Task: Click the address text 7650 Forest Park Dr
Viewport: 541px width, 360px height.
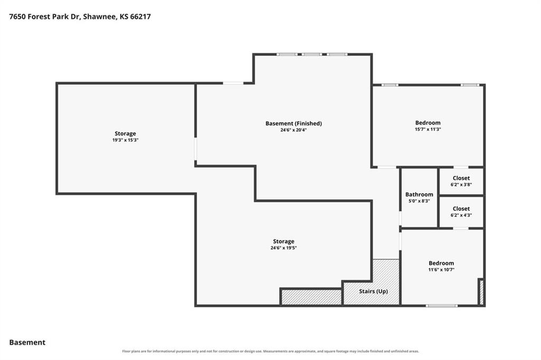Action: click(44, 16)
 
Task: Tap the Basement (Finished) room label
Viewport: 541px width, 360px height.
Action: click(294, 123)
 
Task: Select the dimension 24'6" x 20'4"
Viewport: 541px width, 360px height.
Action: click(294, 130)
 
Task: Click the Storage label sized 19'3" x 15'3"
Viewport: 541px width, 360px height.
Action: click(125, 133)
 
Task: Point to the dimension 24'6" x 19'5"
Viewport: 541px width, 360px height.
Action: click(284, 248)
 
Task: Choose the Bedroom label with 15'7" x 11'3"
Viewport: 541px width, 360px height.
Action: click(428, 123)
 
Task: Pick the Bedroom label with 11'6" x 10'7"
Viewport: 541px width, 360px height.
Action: click(441, 263)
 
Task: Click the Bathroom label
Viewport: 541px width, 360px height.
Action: click(419, 195)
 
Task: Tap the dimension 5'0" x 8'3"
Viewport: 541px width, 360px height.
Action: click(419, 201)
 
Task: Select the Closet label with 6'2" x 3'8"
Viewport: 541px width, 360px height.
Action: click(461, 178)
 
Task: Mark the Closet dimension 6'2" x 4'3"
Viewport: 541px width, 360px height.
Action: click(461, 215)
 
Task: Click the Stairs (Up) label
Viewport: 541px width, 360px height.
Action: click(374, 291)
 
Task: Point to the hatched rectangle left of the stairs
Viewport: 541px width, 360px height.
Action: click(312, 297)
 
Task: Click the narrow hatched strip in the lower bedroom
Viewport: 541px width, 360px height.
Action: click(482, 292)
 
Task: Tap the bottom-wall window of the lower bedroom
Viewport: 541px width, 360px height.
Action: click(442, 306)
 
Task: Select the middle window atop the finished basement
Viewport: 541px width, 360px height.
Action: click(312, 54)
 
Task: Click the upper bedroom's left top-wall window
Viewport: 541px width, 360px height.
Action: click(390, 85)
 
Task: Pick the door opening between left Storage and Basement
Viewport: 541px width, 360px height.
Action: click(195, 149)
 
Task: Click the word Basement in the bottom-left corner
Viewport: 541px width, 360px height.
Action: click(27, 343)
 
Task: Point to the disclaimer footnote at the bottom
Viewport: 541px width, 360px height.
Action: click(270, 351)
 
